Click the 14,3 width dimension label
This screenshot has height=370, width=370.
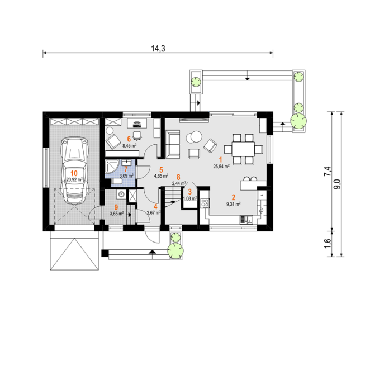pyautogui.click(x=158, y=49)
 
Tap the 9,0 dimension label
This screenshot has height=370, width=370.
pyautogui.click(x=338, y=184)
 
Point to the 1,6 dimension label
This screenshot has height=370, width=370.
pyautogui.click(x=328, y=244)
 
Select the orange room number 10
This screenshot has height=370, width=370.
pyautogui.click(x=74, y=173)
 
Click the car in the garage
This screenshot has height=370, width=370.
pyautogui.click(x=74, y=171)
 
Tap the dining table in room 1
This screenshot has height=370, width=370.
pyautogui.click(x=243, y=149)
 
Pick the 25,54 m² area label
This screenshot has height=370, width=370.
pyautogui.click(x=221, y=167)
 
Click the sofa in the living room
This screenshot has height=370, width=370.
pyautogui.click(x=172, y=144)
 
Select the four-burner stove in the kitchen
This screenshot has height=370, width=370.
pyautogui.click(x=205, y=203)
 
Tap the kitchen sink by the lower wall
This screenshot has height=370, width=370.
pyautogui.click(x=246, y=220)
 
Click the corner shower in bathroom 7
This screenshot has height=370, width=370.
pyautogui.click(x=112, y=167)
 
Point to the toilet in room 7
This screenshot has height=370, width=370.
pyautogui.click(x=116, y=181)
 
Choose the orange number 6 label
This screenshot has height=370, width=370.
pyautogui.click(x=129, y=139)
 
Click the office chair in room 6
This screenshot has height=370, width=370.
pyautogui.click(x=137, y=135)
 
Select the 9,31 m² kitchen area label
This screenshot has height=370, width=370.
pyautogui.click(x=234, y=204)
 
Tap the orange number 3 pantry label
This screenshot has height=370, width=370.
pyautogui.click(x=189, y=192)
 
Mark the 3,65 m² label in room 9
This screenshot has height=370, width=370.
pyautogui.click(x=117, y=214)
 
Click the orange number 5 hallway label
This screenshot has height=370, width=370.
pyautogui.click(x=161, y=170)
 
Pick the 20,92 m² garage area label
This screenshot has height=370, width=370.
pyautogui.click(x=74, y=179)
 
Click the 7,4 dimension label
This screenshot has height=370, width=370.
pyautogui.click(x=328, y=172)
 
